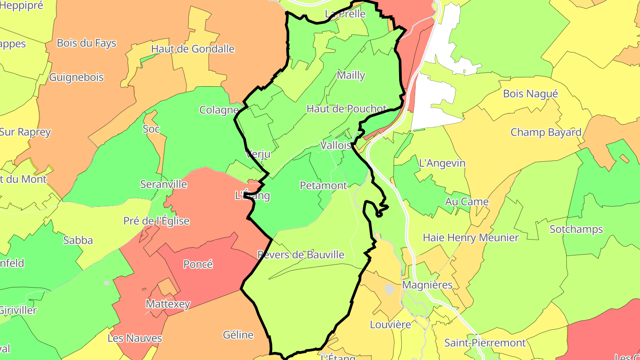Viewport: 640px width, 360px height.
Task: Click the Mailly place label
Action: pyautogui.click(x=351, y=76)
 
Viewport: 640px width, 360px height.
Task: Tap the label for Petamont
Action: pyautogui.click(x=323, y=185)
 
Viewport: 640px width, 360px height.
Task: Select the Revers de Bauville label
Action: pyautogui.click(x=301, y=255)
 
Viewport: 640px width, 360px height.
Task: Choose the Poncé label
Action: pyautogui.click(x=198, y=264)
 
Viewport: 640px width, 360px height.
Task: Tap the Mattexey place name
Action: pyautogui.click(x=168, y=304)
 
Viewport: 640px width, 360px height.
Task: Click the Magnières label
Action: pyautogui.click(x=427, y=285)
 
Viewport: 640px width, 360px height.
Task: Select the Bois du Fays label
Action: pyautogui.click(x=87, y=43)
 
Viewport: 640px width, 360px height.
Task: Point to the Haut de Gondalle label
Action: pyautogui.click(x=192, y=49)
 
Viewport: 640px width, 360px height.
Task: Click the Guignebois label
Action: pyautogui.click(x=76, y=77)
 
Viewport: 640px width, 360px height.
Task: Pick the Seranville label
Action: pyautogui.click(x=164, y=184)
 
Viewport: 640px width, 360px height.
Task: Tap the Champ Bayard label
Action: pyautogui.click(x=546, y=132)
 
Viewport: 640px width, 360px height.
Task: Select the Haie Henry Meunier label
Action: pyautogui.click(x=471, y=238)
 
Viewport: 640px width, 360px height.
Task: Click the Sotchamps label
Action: pyautogui.click(x=576, y=229)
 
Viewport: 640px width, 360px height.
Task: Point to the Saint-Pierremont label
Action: pyautogui.click(x=485, y=343)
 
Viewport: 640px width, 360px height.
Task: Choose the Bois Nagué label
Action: pyautogui.click(x=530, y=94)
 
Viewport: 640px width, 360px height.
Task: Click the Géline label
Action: pyautogui.click(x=238, y=335)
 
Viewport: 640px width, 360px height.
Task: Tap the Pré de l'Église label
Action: pyautogui.click(x=156, y=221)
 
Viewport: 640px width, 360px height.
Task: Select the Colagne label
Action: pyautogui.click(x=219, y=110)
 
